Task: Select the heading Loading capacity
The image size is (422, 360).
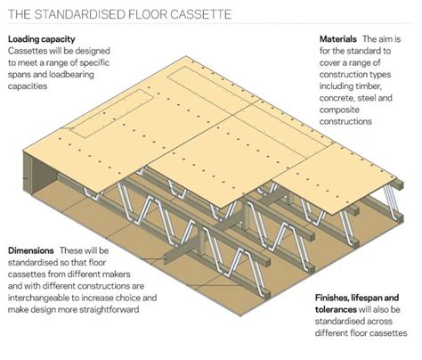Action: click(x=42, y=39)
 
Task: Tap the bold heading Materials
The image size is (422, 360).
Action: click(x=338, y=39)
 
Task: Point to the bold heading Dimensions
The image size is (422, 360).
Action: click(x=31, y=250)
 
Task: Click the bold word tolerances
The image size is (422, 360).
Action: click(x=336, y=309)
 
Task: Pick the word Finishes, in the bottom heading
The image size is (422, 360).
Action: click(x=332, y=298)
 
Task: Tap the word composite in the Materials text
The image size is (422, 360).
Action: click(x=339, y=110)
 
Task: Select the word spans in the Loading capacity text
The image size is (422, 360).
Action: click(x=19, y=75)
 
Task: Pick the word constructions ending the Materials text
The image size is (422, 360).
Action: click(x=345, y=121)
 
